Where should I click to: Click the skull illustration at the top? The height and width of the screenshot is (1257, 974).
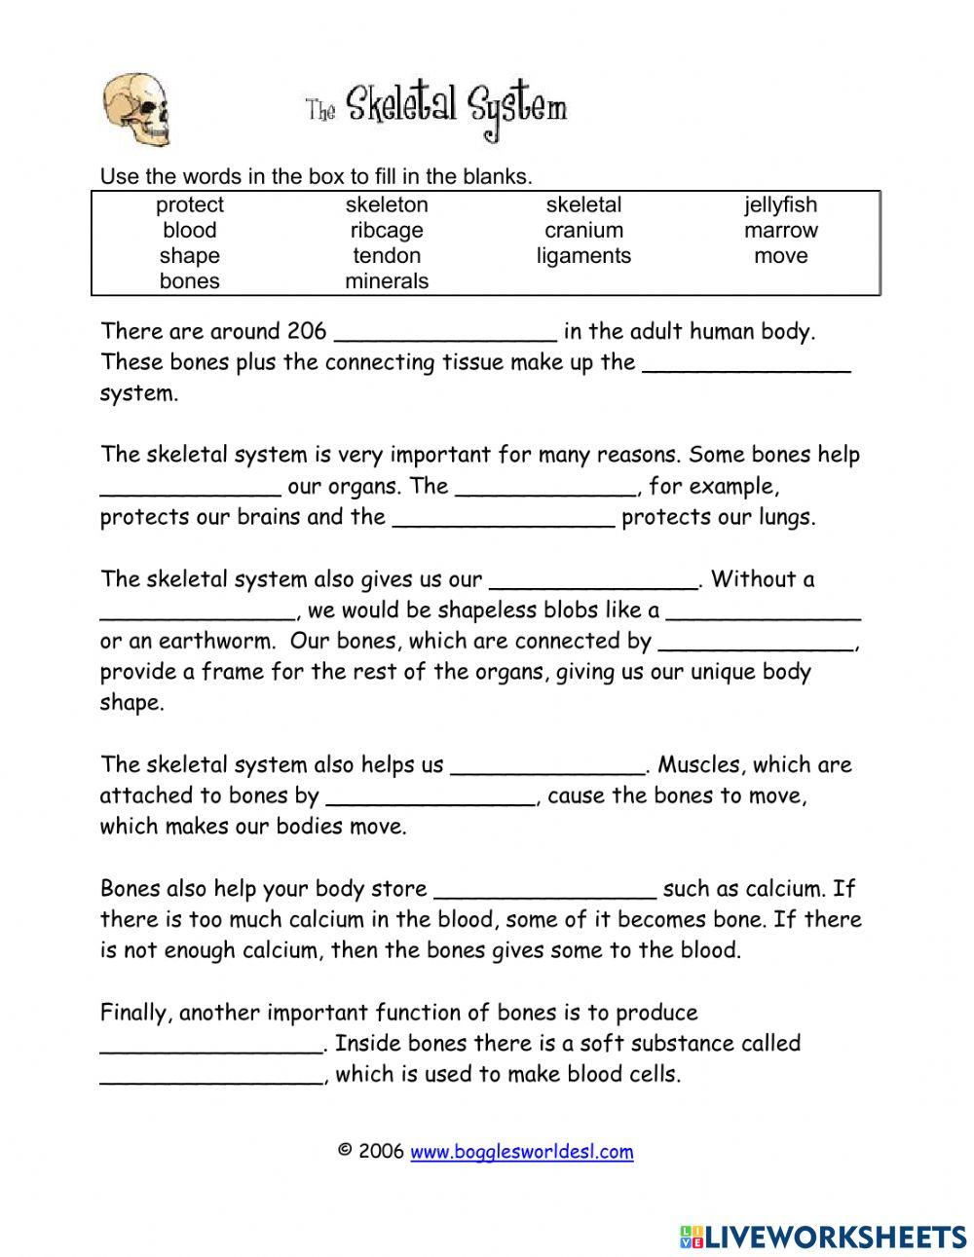135,110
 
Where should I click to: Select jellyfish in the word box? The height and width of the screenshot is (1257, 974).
780,204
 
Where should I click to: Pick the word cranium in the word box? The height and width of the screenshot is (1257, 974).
583,231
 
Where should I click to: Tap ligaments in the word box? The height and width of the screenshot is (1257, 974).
583,256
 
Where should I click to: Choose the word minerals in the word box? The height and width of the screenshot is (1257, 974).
387,281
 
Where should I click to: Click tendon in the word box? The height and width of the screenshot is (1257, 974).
387,256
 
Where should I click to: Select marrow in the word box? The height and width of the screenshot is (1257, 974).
780,231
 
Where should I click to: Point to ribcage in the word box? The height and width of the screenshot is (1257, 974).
387,231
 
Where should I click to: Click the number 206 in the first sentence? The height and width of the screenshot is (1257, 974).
307,331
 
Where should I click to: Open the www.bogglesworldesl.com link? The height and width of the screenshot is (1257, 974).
521,1152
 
